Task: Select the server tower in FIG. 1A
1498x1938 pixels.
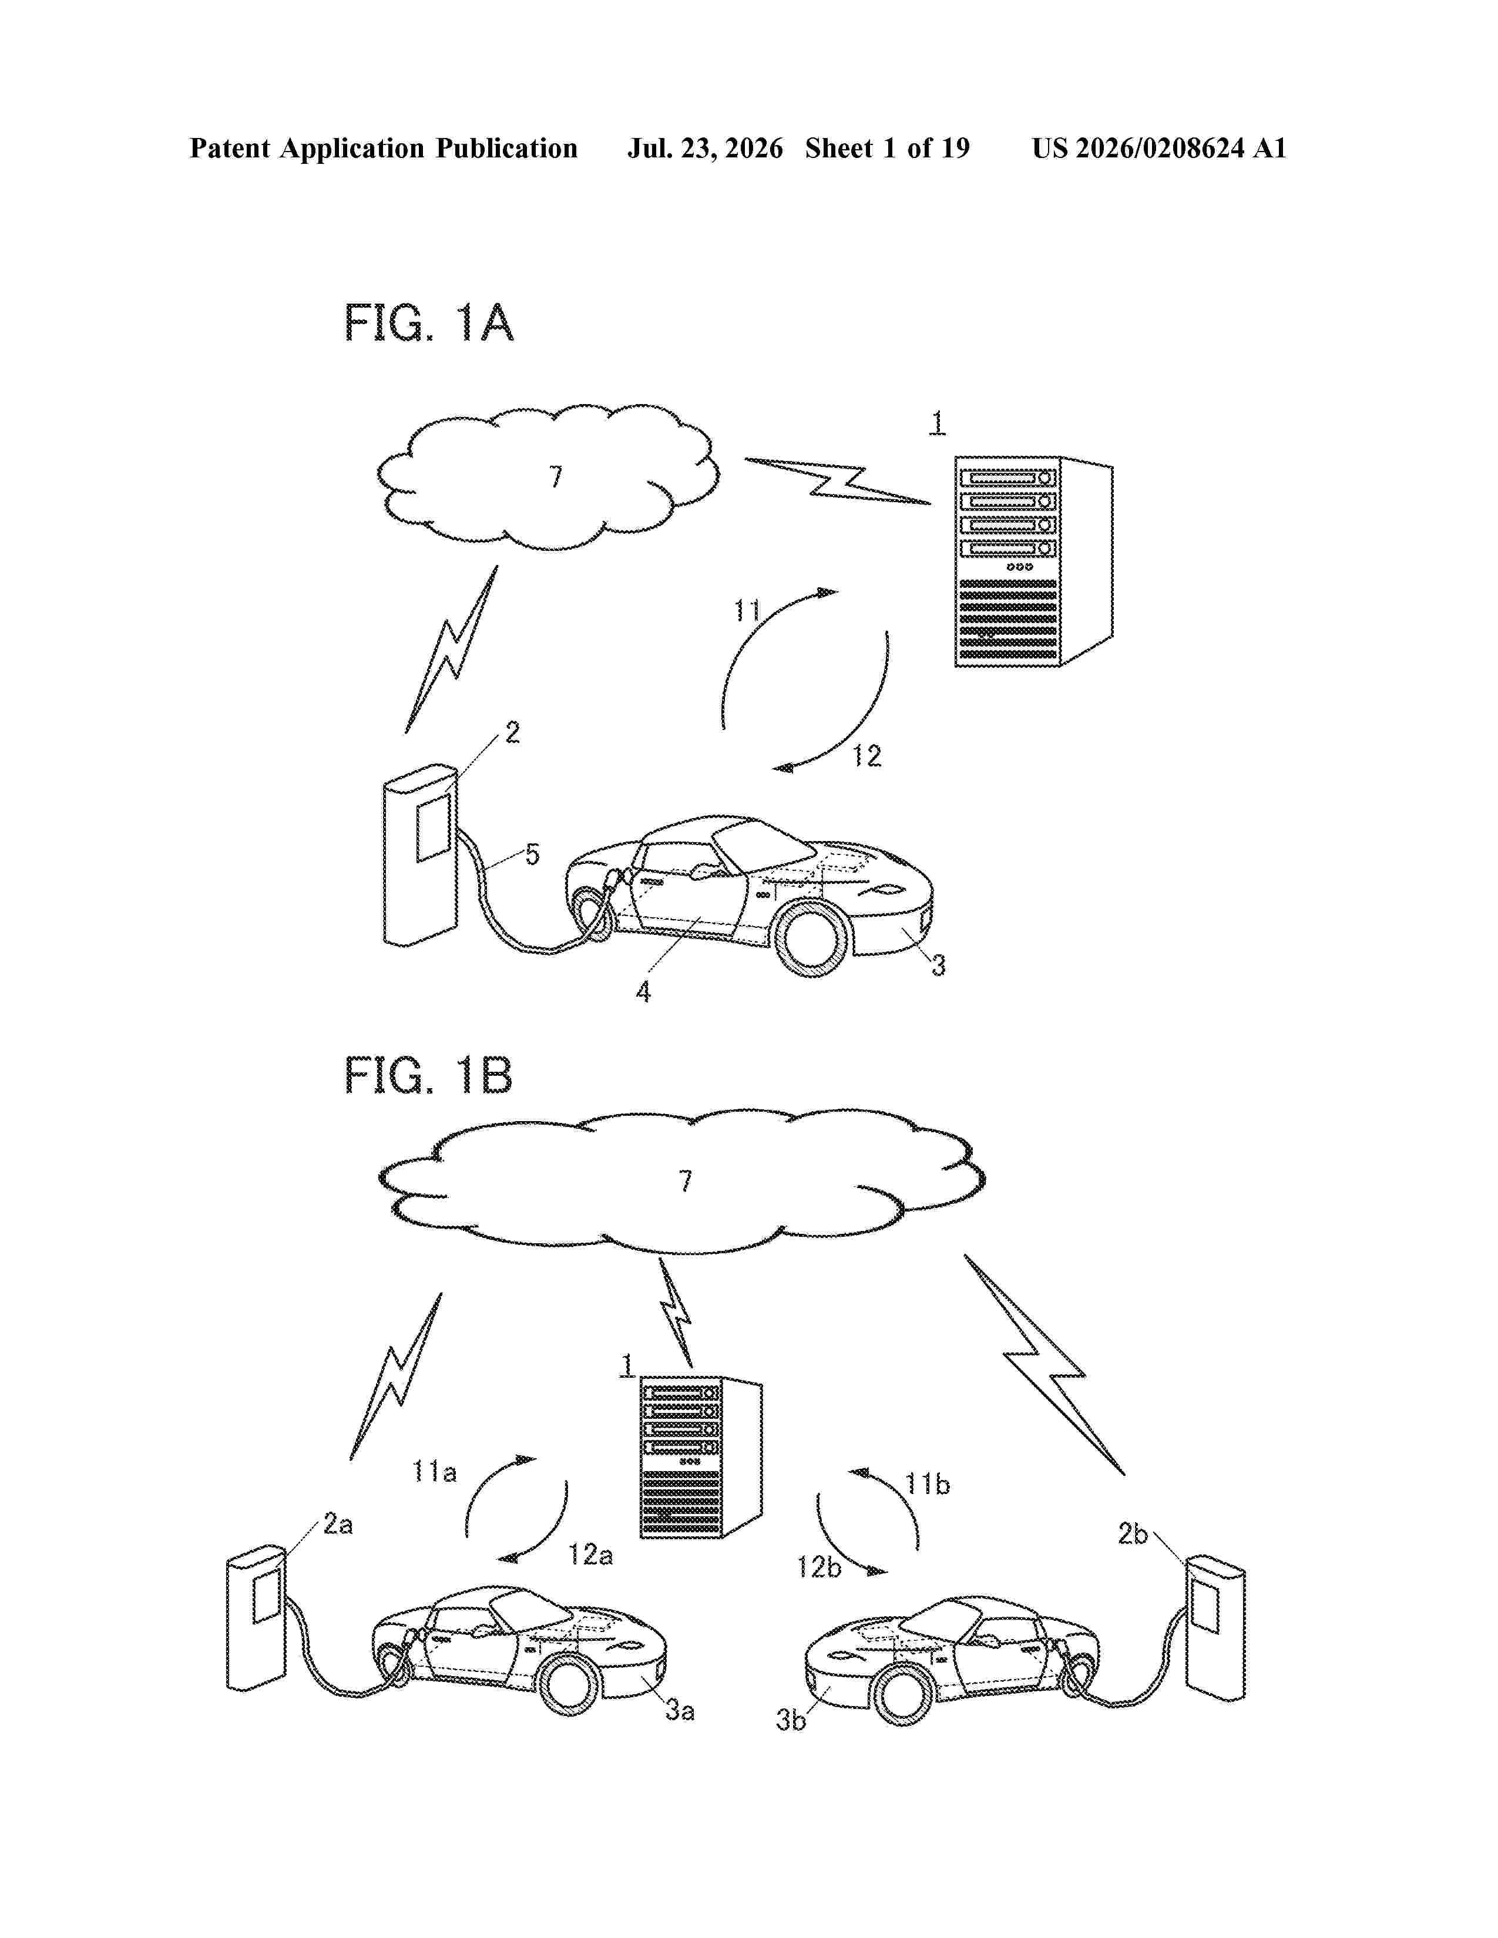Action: coord(1033,561)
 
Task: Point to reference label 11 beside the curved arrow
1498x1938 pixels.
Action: coord(747,611)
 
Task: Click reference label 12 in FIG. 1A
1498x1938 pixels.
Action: coord(867,756)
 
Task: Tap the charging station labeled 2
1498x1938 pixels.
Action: coord(421,854)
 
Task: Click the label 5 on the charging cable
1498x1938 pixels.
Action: coord(532,854)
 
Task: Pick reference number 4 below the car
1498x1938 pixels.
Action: coord(643,992)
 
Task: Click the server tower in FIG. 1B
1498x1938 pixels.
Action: coord(701,1458)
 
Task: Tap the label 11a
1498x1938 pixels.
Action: coord(435,1472)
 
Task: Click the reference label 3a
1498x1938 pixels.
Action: coord(680,1710)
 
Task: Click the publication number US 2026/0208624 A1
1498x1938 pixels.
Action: coord(1159,148)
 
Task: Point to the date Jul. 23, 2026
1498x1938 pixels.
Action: coord(706,148)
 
